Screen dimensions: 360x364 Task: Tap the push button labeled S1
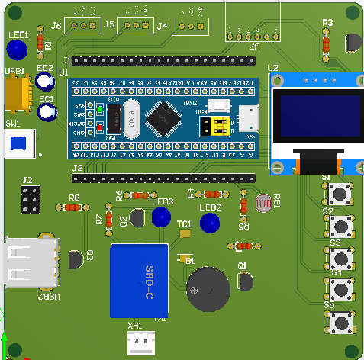click(x=341, y=194)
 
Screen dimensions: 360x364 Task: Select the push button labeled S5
click(x=341, y=323)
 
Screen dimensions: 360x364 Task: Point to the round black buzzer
click(x=208, y=290)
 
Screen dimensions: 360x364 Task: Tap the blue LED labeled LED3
click(x=160, y=217)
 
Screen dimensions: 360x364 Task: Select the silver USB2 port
click(x=28, y=263)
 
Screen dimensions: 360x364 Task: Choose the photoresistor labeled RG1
click(x=263, y=203)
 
